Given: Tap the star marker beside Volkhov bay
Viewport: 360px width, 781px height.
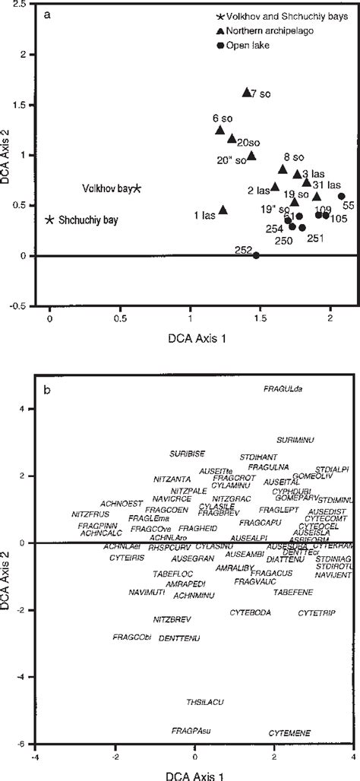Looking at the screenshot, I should pos(137,188).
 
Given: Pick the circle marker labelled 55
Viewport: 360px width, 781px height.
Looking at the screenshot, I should pos(342,196).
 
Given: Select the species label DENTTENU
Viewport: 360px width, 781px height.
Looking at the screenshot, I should pos(179,638).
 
